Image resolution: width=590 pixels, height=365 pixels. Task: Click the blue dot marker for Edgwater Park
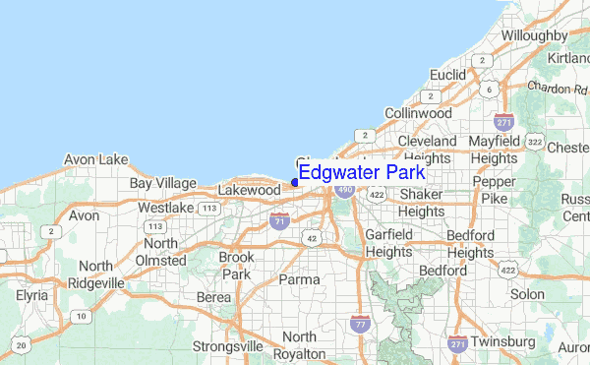click(295, 182)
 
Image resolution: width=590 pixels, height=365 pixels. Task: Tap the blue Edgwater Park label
click(362, 173)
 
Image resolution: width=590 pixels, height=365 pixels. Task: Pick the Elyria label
click(32, 294)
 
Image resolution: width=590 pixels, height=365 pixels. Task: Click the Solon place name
click(527, 294)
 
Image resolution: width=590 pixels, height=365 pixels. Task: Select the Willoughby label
click(534, 35)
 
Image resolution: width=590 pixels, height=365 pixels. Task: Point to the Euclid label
click(446, 74)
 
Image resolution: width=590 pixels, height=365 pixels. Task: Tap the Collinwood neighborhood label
click(417, 113)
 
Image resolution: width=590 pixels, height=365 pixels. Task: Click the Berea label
click(214, 297)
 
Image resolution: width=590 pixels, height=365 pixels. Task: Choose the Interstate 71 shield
click(280, 222)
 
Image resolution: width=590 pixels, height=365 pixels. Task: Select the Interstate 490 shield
click(343, 188)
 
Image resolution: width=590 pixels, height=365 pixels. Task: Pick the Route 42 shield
click(312, 238)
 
